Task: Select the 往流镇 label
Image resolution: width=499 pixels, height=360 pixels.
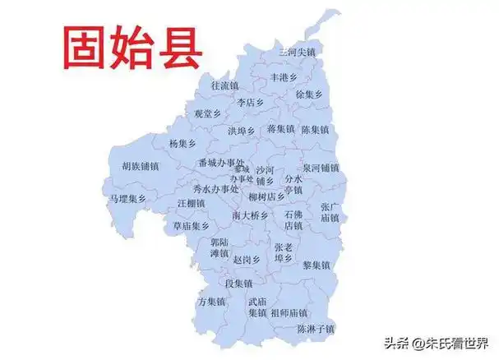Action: pos(224,85)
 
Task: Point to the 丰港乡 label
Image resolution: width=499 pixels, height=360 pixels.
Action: pos(284,78)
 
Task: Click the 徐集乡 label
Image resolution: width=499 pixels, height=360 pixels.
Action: pos(310,95)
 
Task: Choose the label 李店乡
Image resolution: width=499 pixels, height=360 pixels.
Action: pos(250,104)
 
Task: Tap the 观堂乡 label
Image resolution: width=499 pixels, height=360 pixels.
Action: pos(207,114)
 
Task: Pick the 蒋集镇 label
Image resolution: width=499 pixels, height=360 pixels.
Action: pos(280,129)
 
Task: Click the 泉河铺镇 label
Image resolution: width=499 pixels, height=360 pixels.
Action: pos(320,168)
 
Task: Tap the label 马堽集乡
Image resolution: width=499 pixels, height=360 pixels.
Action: pos(127,198)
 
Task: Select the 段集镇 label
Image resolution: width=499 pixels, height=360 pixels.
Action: pos(238,284)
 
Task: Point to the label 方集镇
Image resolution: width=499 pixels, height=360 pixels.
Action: pos(212,302)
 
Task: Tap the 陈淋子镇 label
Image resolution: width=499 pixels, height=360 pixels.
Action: pos(316,329)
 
